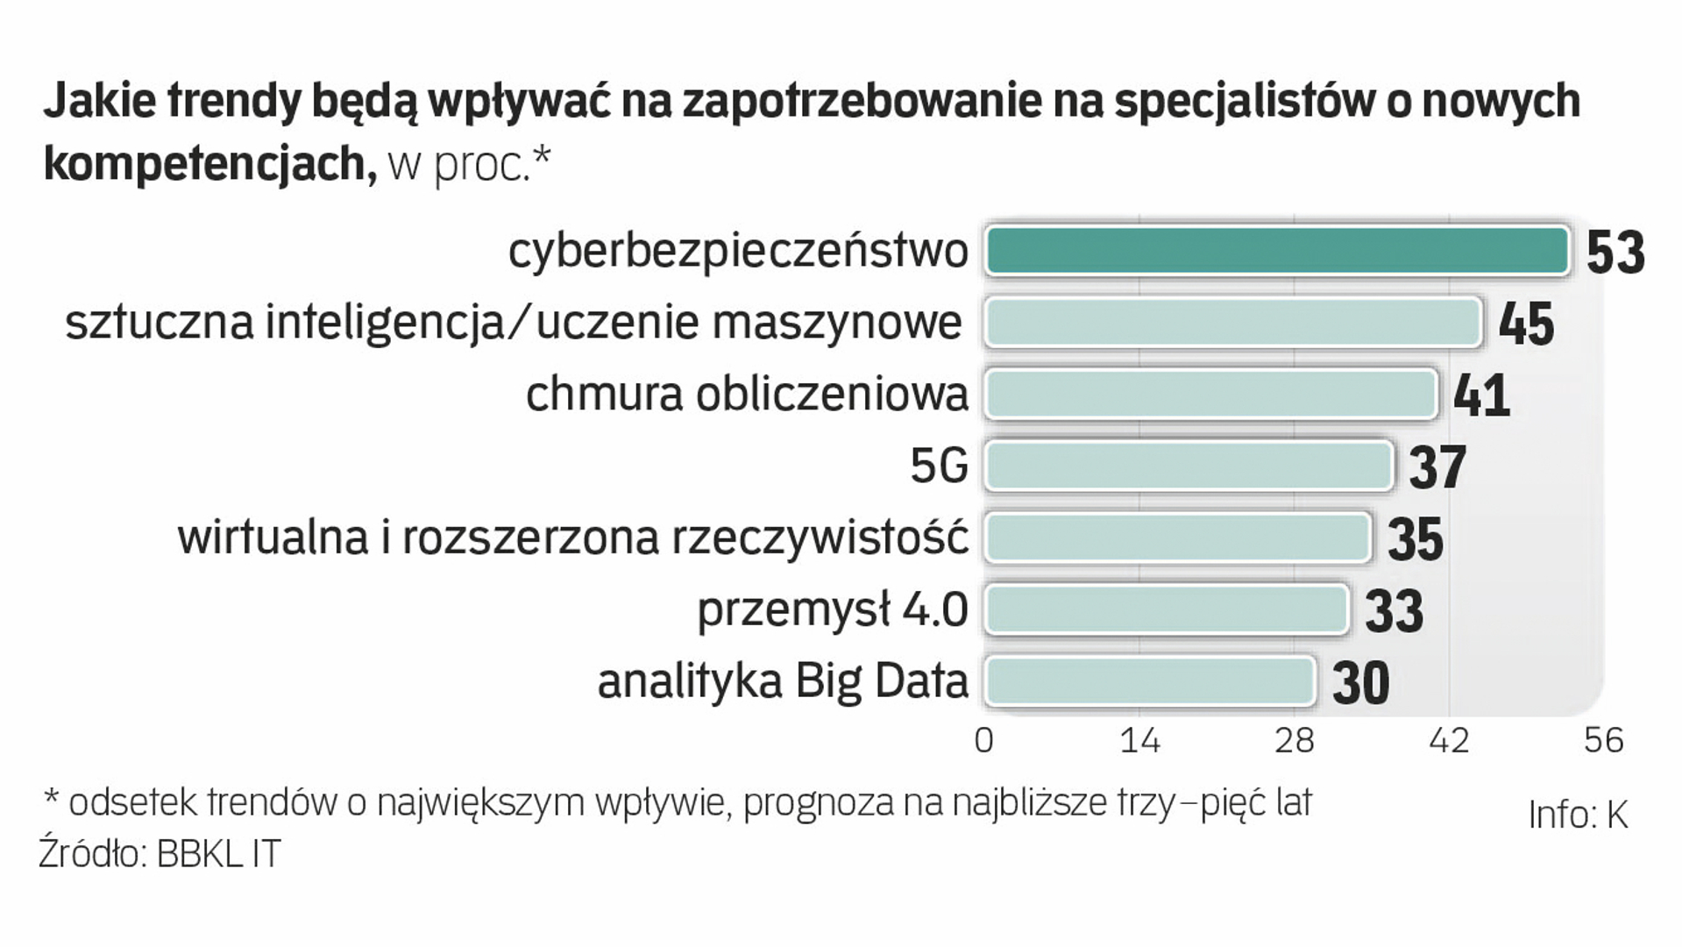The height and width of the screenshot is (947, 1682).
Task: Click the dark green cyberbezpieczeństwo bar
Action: (x=1277, y=252)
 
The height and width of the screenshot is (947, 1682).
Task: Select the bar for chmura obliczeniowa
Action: (x=1211, y=395)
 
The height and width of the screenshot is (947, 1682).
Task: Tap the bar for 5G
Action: (x=1189, y=466)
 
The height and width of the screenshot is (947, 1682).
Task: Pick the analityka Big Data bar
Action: (x=1150, y=681)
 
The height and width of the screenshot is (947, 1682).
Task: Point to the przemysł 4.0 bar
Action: (x=1166, y=609)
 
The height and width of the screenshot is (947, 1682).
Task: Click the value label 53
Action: (x=1615, y=253)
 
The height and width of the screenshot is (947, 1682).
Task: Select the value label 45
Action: (x=1526, y=324)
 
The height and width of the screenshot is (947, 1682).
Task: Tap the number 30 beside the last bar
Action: (x=1360, y=683)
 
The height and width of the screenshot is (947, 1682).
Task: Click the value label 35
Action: (x=1415, y=538)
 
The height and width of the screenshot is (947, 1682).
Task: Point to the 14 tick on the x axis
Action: (x=1139, y=741)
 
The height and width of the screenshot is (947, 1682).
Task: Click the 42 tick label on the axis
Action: (x=1449, y=741)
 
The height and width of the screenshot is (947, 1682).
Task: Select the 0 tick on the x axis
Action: (x=984, y=741)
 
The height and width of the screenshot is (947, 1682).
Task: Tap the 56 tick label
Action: (x=1603, y=741)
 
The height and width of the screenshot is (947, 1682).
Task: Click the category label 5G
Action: (x=939, y=466)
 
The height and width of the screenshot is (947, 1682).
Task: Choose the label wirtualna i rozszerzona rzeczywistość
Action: (x=573, y=538)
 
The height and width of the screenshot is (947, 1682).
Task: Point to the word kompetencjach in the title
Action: (x=204, y=163)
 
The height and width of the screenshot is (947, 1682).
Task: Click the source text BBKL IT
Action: (x=218, y=854)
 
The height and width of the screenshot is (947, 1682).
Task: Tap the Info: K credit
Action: (x=1577, y=815)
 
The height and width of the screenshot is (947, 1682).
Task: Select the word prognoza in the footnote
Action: (x=826, y=802)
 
